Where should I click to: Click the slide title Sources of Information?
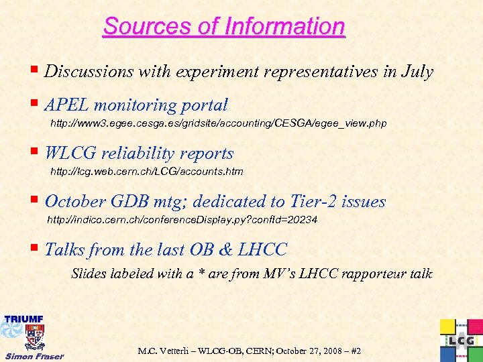point(223,27)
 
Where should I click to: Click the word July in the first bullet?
point(417,72)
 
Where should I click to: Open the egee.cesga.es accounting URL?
point(219,124)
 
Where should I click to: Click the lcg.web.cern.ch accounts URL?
point(147,172)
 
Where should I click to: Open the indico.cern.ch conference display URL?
point(182,220)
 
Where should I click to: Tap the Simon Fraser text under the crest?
point(34,355)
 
